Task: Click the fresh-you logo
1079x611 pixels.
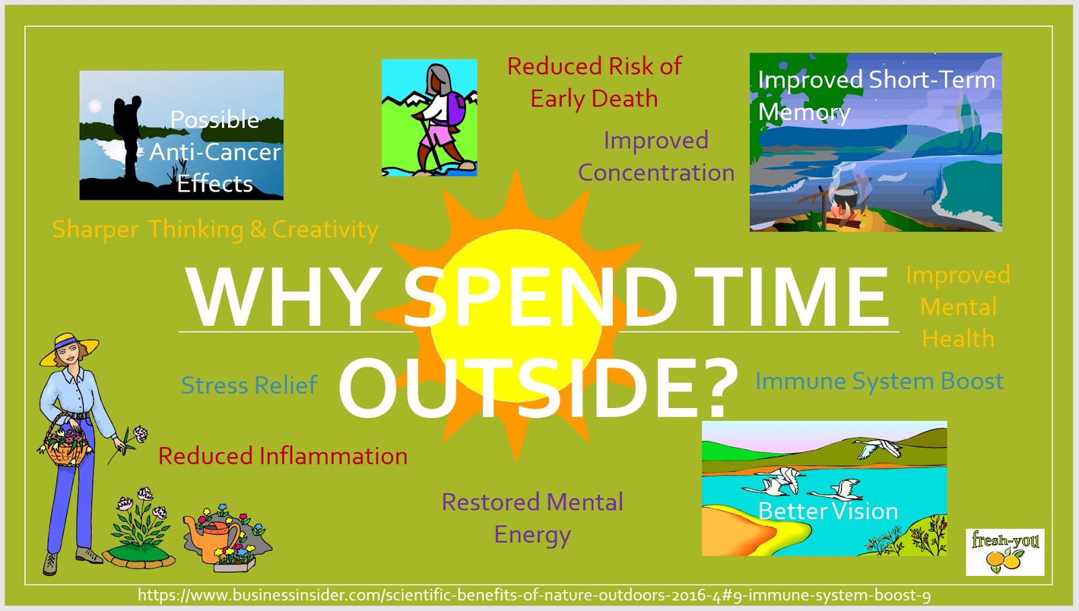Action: [1005, 551]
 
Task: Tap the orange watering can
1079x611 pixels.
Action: [214, 534]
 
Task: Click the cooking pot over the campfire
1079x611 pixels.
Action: [844, 199]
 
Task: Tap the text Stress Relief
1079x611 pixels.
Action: [249, 385]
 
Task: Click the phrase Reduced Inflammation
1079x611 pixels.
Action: [283, 456]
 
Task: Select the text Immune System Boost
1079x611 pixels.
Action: [879, 381]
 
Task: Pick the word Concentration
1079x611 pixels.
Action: [655, 173]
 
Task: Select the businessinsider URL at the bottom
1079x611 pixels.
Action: [534, 595]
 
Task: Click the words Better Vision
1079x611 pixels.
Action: [827, 511]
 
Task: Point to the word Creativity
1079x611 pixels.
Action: [325, 229]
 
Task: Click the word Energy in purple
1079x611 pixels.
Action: [532, 535]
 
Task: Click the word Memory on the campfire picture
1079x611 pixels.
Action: [803, 112]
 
